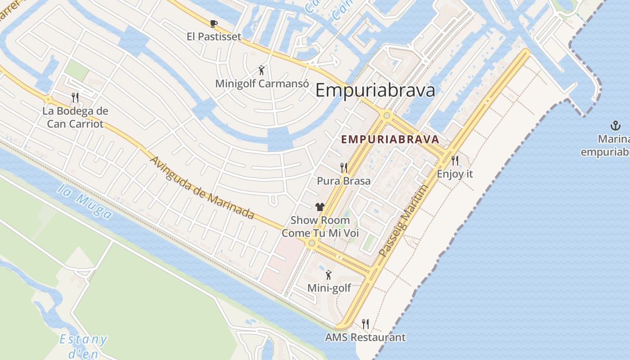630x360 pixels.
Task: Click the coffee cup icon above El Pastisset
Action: click(214, 23)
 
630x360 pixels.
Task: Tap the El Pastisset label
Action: click(214, 37)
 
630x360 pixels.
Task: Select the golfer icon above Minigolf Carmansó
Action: click(262, 70)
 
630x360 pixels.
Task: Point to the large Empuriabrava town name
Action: click(375, 90)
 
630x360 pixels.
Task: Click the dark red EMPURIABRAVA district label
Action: click(390, 139)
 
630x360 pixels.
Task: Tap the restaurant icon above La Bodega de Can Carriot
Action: click(75, 97)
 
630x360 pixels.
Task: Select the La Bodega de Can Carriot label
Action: click(75, 117)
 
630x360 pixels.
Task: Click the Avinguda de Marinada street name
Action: click(202, 188)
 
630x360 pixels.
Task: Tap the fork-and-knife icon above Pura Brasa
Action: click(344, 168)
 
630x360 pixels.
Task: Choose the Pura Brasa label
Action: click(344, 181)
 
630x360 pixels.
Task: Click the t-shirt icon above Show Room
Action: click(320, 207)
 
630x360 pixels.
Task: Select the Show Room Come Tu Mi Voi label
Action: click(320, 227)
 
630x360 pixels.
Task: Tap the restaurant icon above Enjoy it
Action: click(455, 161)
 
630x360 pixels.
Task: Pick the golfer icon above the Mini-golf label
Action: click(329, 274)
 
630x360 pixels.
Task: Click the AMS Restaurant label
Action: click(365, 337)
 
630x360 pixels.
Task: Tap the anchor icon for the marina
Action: click(615, 126)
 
